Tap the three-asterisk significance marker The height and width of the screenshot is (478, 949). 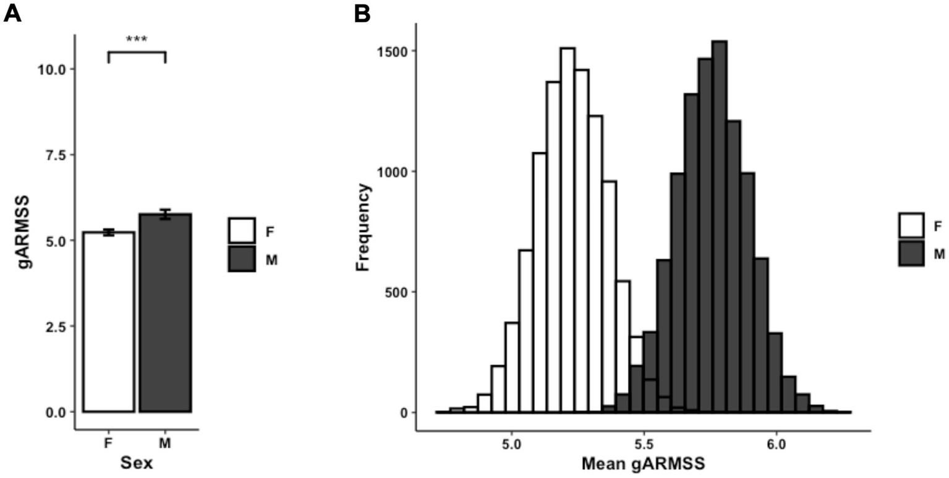(137, 40)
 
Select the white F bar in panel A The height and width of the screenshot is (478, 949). (108, 322)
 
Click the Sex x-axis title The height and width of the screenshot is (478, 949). (137, 463)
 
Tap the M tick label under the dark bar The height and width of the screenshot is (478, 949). (165, 443)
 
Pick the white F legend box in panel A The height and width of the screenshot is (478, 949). (242, 231)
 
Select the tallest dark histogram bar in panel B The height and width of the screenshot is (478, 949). (719, 227)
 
